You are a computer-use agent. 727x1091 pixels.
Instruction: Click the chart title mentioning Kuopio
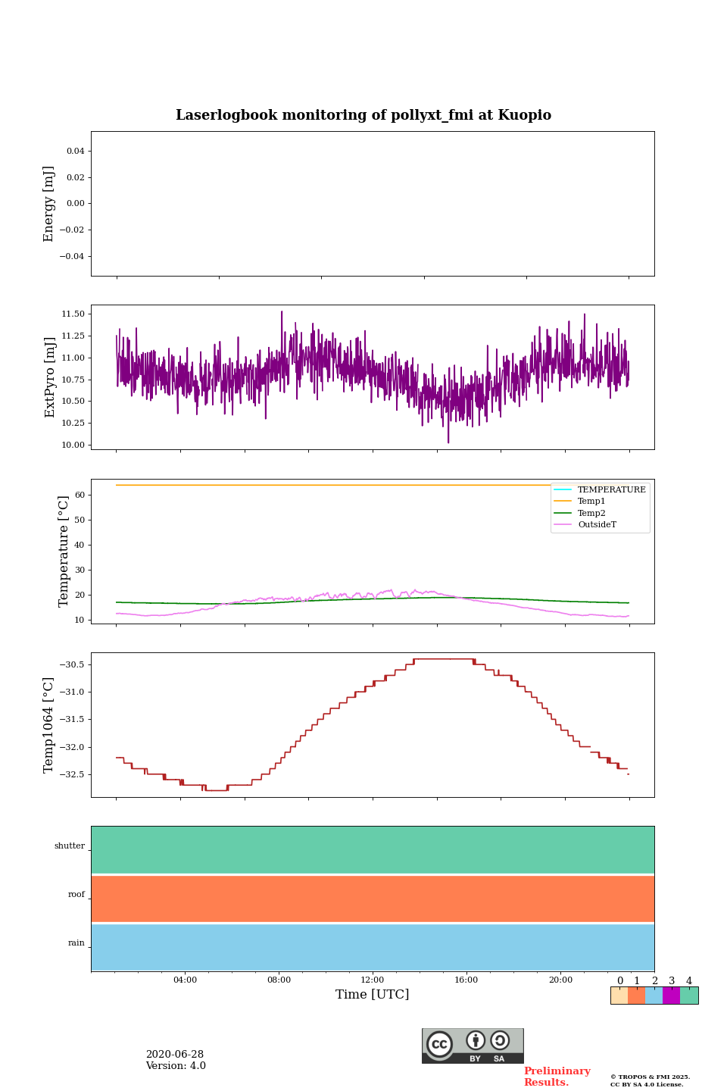click(363, 115)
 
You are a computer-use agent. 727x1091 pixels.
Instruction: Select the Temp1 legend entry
click(591, 502)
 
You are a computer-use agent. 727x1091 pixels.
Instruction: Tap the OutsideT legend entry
click(597, 525)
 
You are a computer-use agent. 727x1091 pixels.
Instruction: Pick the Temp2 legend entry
click(591, 514)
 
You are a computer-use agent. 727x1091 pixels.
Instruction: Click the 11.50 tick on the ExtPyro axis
click(73, 314)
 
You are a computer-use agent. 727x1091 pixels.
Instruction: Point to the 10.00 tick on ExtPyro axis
click(73, 445)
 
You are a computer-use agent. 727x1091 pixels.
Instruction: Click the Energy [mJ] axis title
click(49, 204)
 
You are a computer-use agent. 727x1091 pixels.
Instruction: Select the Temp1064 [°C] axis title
click(49, 725)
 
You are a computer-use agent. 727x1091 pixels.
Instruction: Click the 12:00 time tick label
click(373, 980)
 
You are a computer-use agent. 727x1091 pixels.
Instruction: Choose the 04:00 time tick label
click(185, 980)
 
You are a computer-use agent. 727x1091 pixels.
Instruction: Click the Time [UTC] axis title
click(373, 995)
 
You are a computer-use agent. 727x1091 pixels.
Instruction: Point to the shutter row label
click(70, 846)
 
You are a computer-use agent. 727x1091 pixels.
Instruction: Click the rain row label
click(76, 943)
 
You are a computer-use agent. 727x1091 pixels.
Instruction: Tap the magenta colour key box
click(671, 996)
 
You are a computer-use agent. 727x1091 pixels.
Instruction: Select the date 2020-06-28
click(175, 1055)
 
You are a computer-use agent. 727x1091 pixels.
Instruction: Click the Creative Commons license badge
click(473, 1046)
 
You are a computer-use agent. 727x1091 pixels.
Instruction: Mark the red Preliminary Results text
click(557, 1077)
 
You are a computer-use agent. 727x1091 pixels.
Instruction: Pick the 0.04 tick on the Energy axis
click(75, 152)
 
